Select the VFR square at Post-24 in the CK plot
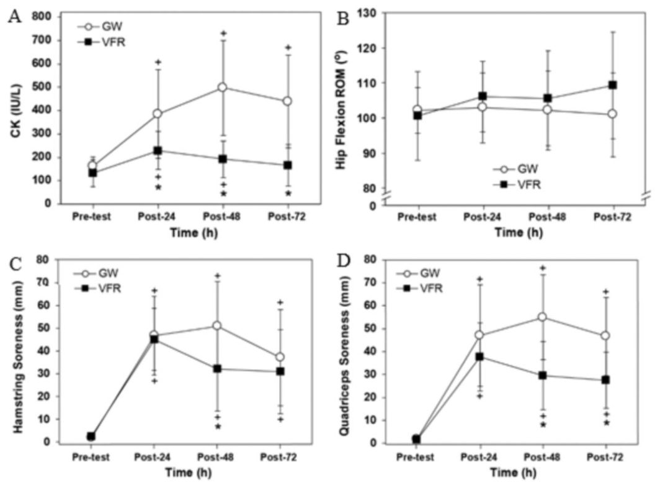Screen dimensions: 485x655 click(158, 151)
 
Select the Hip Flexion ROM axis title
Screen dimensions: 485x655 click(358, 106)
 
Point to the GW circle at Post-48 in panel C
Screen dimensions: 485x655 click(216, 325)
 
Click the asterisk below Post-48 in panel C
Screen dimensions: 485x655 click(217, 427)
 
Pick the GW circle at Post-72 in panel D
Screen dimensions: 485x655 click(604, 336)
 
